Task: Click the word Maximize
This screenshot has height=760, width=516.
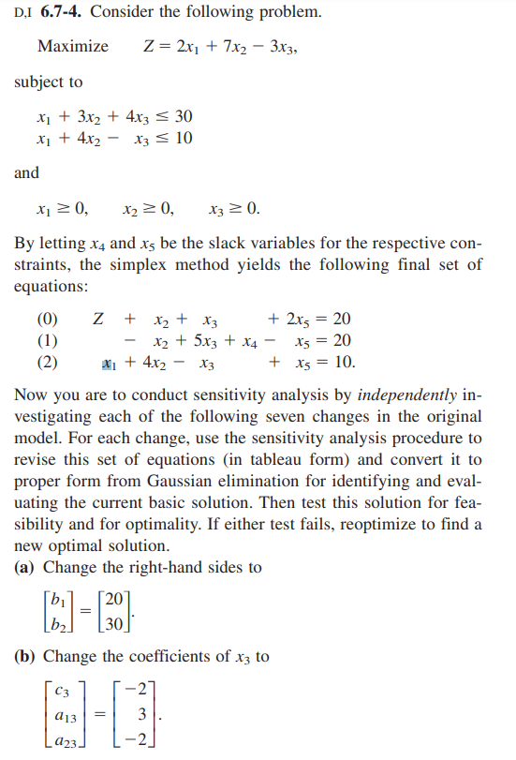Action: tap(72, 47)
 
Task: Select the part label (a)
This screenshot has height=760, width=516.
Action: tap(26, 568)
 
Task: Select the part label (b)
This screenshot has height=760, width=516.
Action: tap(27, 657)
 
